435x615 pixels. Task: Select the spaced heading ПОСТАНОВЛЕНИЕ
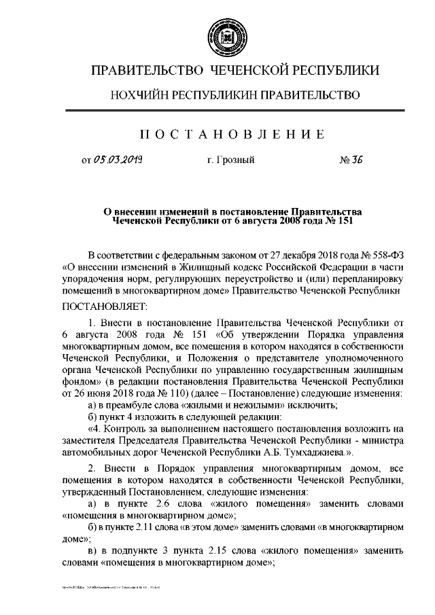point(217,133)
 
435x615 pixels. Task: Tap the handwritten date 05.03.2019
point(120,160)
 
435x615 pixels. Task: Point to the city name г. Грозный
point(230,161)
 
